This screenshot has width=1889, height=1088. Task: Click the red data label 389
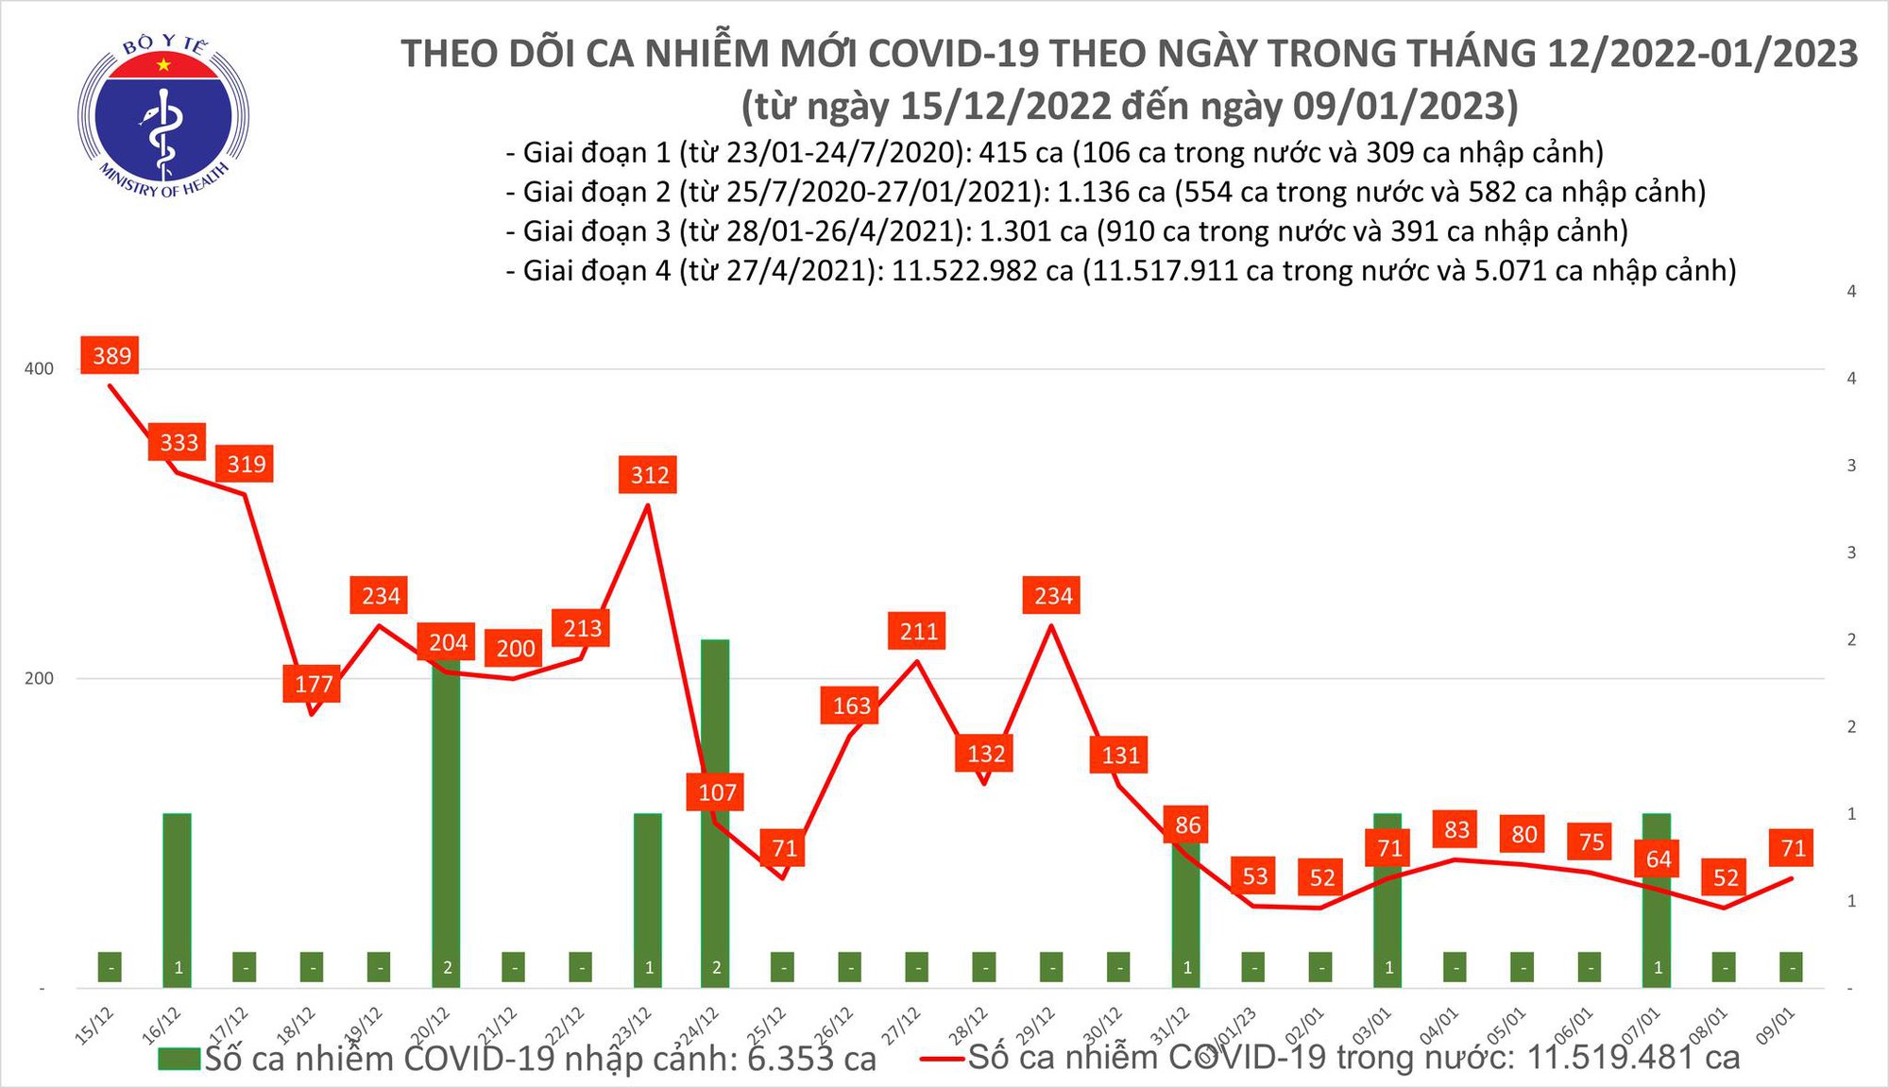tap(111, 355)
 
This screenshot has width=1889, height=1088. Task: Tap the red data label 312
tap(649, 474)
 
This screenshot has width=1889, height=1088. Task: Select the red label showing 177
tap(313, 684)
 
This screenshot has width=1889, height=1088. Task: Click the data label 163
tap(851, 705)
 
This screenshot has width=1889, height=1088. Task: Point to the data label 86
tap(1187, 824)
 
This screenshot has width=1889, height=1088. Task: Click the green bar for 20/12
tap(447, 822)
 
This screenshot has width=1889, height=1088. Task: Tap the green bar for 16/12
tap(178, 897)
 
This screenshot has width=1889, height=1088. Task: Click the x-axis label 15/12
tap(94, 1026)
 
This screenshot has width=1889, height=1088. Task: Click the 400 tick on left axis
tap(39, 368)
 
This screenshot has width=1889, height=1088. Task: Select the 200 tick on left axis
tap(39, 678)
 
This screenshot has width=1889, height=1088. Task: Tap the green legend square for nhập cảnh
tap(179, 1058)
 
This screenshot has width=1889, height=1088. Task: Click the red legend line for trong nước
tap(942, 1058)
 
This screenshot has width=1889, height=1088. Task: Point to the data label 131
tap(1120, 755)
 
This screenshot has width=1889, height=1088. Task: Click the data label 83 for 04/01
tap(1456, 829)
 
